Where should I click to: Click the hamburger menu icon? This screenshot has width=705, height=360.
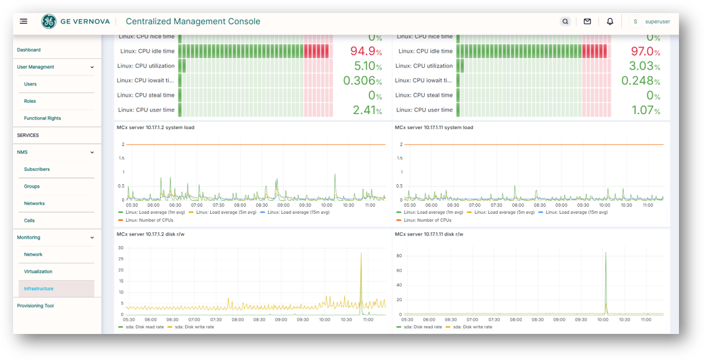(24, 21)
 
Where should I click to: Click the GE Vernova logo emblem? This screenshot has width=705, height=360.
(49, 22)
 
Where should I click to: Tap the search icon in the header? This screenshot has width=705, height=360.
(565, 22)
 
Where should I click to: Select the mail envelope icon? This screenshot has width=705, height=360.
(587, 22)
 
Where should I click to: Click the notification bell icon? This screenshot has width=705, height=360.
(610, 22)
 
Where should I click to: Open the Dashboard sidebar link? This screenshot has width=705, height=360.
(29, 50)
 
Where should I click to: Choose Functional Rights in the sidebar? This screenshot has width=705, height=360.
(42, 118)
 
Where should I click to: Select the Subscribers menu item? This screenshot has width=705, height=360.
(37, 169)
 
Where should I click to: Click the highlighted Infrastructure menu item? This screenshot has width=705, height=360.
(38, 289)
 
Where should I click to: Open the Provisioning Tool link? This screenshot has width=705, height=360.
(35, 306)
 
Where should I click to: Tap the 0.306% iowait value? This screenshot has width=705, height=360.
(363, 81)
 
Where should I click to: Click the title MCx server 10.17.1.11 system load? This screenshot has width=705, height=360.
(433, 128)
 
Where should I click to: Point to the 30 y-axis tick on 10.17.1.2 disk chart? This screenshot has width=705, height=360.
(121, 248)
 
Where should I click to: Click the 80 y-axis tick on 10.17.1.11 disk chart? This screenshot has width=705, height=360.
(399, 255)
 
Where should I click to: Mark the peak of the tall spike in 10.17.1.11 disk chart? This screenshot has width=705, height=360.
(606, 253)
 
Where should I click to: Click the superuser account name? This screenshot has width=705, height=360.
(657, 22)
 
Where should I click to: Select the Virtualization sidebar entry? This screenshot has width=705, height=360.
(38, 272)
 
